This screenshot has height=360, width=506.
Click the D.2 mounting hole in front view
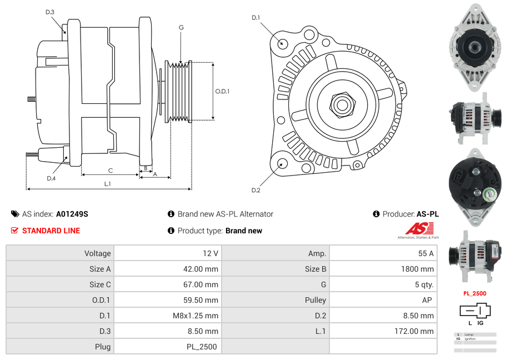pos(282,163)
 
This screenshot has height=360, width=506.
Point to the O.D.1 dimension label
pos(222,92)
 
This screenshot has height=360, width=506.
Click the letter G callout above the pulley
pos(181,27)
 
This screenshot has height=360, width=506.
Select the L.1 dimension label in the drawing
pos(107,183)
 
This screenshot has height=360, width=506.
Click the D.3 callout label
pos(50,12)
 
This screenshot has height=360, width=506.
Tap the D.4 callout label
pos(51,178)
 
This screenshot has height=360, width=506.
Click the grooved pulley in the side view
pos(179,91)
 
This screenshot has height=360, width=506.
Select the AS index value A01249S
pos(72,214)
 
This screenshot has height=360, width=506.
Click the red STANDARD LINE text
pos(51,231)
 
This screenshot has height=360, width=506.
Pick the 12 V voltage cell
pos(211,253)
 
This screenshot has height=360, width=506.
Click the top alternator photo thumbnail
pos(474,49)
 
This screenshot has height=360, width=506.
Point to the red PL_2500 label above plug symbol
pos(474,293)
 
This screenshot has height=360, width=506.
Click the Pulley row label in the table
pos(315,300)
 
